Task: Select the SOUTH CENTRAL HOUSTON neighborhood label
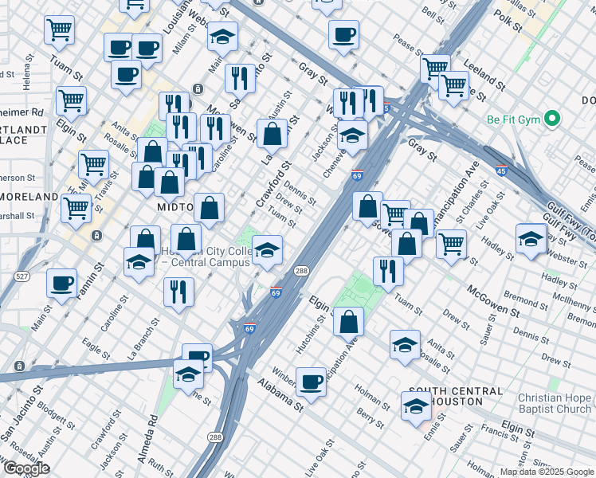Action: coord(455,396)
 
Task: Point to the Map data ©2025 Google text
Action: coord(547,472)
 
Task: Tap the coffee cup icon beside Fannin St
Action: coord(61,283)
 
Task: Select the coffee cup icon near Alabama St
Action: coord(310,382)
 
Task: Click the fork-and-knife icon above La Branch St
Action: coord(178,292)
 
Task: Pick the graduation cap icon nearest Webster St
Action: coord(531,239)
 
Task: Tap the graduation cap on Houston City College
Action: coord(267,249)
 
